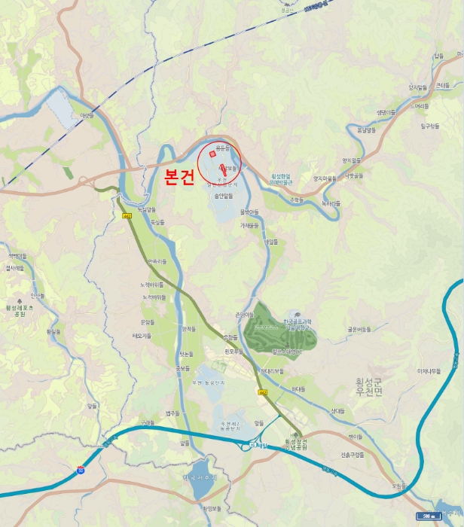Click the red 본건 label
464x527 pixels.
[179, 178]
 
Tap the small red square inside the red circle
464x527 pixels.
[212, 154]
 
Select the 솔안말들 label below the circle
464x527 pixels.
[224, 195]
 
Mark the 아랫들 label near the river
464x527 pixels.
[88, 116]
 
